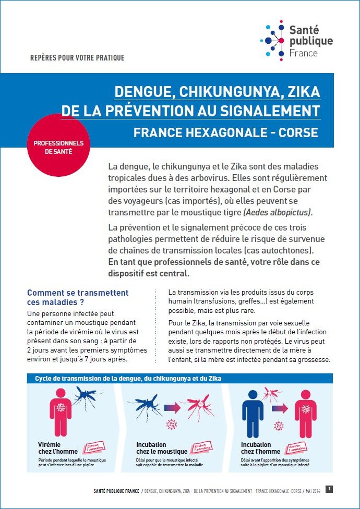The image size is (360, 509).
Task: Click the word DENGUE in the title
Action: click(143, 92)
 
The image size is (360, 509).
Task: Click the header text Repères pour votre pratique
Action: click(77, 58)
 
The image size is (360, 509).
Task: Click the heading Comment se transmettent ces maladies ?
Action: click(78, 297)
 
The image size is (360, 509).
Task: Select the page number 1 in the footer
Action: click(329, 489)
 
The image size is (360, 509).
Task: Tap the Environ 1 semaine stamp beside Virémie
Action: click(94, 447)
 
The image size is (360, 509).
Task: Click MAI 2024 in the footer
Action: click(310, 491)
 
